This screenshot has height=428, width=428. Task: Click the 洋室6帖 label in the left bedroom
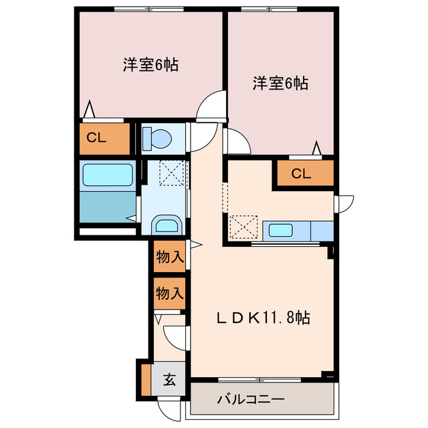click(x=150, y=65)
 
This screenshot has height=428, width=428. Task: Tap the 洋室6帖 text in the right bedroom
click(x=280, y=84)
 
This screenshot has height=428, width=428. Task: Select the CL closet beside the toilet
click(x=97, y=139)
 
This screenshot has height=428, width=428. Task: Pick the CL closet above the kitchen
click(x=302, y=174)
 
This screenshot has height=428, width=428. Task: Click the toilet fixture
click(x=158, y=138)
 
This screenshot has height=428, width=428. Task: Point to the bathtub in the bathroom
click(x=106, y=175)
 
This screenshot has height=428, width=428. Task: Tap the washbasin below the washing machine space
click(x=165, y=224)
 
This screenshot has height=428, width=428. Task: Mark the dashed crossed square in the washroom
click(x=171, y=174)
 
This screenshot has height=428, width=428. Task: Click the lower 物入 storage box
click(x=169, y=293)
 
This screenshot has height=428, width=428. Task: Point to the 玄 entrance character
click(x=169, y=380)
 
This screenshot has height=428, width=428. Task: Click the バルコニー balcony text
click(x=251, y=400)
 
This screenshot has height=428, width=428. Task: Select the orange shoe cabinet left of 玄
click(x=146, y=379)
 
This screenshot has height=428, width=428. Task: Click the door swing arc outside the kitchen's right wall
click(x=345, y=204)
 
